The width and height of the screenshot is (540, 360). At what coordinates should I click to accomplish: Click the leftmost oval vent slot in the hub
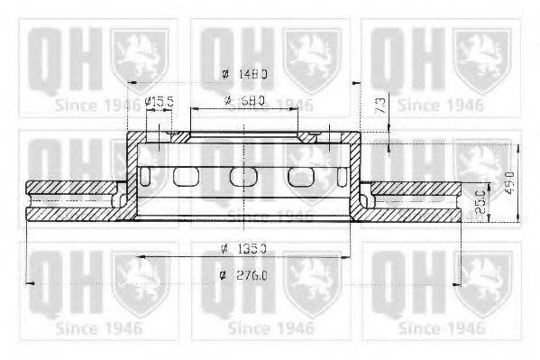[x=186, y=176]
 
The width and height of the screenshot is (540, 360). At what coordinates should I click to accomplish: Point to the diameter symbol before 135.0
[x=222, y=248]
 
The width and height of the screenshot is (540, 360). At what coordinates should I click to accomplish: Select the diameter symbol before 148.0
[x=223, y=75]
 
